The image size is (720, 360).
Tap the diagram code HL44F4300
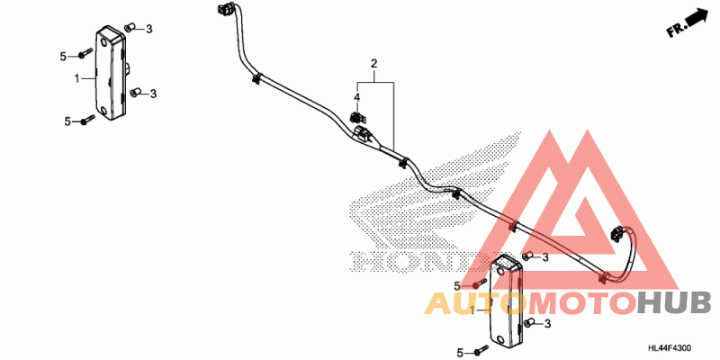tap(670, 348)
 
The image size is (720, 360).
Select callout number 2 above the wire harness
tap(373, 65)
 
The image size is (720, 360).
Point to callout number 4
tap(357, 97)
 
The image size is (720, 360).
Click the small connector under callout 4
tap(357, 117)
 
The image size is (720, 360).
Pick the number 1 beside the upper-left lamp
tap(77, 77)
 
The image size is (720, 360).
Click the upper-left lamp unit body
tap(111, 72)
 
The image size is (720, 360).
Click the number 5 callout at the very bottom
tap(459, 351)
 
